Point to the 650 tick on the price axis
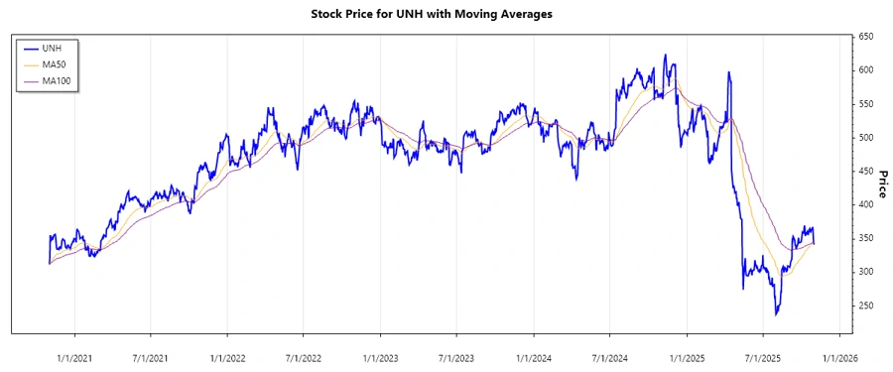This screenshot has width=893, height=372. click(x=865, y=37)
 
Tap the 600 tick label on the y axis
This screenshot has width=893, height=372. click(x=865, y=70)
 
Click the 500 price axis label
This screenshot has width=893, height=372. click(x=865, y=138)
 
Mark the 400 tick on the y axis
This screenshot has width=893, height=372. click(x=865, y=204)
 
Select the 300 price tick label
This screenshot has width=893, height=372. click(x=865, y=272)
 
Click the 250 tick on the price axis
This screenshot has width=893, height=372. click(x=865, y=306)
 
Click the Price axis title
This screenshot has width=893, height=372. click(x=881, y=184)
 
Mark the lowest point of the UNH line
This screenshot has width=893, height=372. click(x=776, y=314)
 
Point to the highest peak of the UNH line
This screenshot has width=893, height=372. click(x=665, y=56)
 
